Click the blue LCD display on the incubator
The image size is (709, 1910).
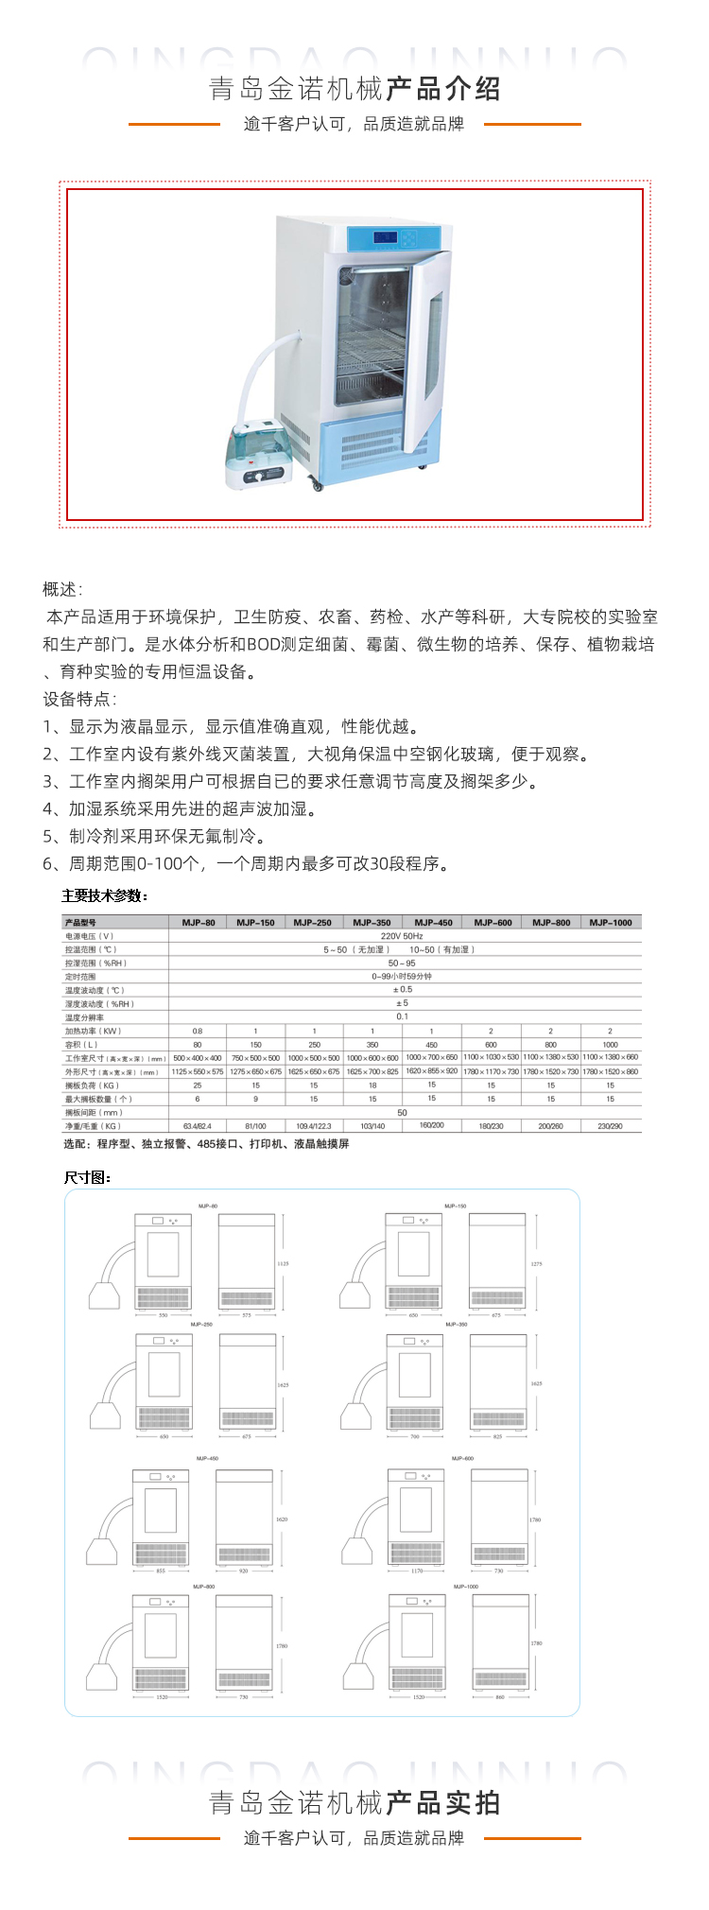(385, 237)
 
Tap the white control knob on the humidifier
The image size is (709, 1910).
(253, 478)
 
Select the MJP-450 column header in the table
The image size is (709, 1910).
(433, 922)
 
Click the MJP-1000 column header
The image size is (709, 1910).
(611, 922)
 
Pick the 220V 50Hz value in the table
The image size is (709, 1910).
(402, 935)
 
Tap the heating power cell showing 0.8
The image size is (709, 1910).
(198, 1031)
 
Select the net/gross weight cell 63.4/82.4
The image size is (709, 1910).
(198, 1126)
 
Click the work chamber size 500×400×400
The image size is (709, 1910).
(198, 1058)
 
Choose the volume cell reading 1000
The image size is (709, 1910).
(611, 1045)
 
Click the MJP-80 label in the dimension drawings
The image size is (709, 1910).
(208, 1207)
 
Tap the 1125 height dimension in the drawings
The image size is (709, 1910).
(283, 1263)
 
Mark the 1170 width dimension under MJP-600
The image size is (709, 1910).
(417, 1571)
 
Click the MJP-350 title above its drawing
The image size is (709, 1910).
(456, 1325)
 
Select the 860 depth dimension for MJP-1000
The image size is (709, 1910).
(500, 1697)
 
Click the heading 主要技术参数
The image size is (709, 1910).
(105, 895)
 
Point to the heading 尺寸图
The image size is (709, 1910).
(88, 1177)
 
